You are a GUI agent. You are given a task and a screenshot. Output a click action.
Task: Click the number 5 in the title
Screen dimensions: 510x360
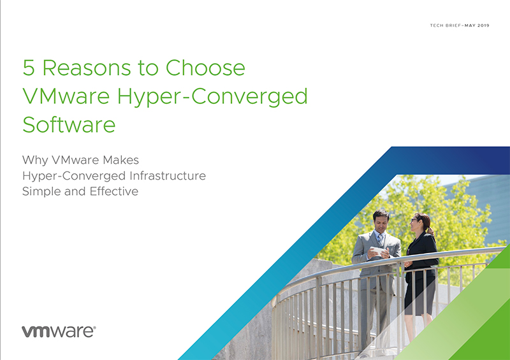tap(29, 68)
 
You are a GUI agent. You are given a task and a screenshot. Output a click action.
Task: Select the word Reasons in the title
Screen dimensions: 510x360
tap(87, 68)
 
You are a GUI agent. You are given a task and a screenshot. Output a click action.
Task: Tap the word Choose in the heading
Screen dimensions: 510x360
tap(205, 68)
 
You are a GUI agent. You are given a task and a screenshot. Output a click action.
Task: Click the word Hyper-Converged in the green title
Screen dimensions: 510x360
tap(212, 97)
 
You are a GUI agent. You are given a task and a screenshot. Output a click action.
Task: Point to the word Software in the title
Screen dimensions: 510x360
tap(69, 124)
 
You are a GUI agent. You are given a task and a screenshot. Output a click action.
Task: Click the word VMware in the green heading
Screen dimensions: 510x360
tap(66, 96)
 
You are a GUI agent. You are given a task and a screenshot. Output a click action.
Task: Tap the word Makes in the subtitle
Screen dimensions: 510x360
tap(120, 160)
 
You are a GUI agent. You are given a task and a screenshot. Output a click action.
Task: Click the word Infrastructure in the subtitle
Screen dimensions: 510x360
tap(168, 176)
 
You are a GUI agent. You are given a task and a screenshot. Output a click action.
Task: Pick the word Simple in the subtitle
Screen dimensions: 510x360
tap(41, 192)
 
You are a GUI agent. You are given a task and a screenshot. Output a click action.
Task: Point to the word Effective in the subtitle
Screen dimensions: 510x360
tap(114, 191)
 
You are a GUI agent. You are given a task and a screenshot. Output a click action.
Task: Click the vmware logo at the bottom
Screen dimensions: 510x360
tap(59, 331)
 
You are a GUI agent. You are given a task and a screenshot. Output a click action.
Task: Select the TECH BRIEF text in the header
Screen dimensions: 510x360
tap(445, 25)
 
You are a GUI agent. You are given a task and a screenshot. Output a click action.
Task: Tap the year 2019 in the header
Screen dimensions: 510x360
tap(483, 25)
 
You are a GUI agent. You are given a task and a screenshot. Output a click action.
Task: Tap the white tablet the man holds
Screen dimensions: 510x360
tap(378, 251)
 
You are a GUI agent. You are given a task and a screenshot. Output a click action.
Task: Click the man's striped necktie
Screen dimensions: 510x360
tap(381, 241)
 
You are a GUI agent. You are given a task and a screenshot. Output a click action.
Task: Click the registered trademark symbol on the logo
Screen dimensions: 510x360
tap(94, 328)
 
